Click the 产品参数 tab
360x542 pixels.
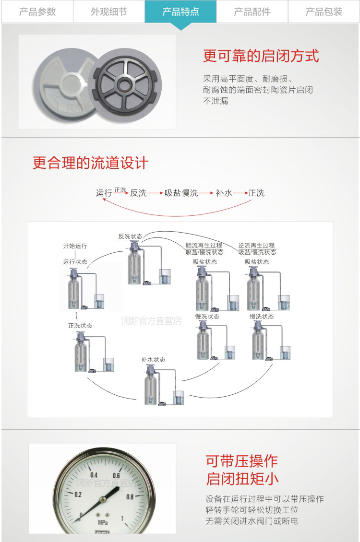point(37,12)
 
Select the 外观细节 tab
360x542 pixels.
point(109,12)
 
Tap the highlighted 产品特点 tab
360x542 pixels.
point(180,12)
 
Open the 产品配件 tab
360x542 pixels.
point(252,12)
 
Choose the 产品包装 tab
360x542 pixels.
point(324,12)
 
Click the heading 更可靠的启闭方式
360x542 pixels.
point(261,56)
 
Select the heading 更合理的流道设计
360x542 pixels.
point(90,163)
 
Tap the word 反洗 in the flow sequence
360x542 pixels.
point(138,193)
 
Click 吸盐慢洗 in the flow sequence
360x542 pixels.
point(181,193)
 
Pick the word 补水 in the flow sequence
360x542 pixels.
point(224,193)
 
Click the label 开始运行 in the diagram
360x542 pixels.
point(75,246)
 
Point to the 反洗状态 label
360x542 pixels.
point(130,236)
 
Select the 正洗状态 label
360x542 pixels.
point(80,326)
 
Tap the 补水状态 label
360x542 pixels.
point(153,359)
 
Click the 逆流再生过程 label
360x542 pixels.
point(257,246)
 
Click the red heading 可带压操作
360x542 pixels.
point(241,461)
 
